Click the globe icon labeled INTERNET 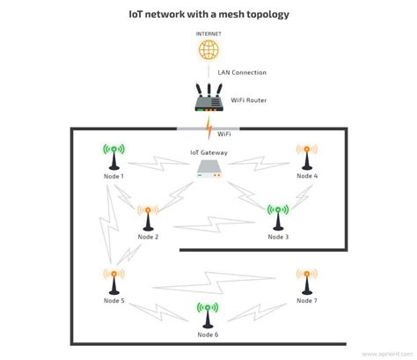[x=208, y=49]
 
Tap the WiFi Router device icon [x=208, y=98]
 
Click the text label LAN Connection [x=242, y=72]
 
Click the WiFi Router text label [x=249, y=100]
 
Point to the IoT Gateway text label [x=208, y=152]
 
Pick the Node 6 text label [x=208, y=335]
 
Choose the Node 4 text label [x=307, y=177]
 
